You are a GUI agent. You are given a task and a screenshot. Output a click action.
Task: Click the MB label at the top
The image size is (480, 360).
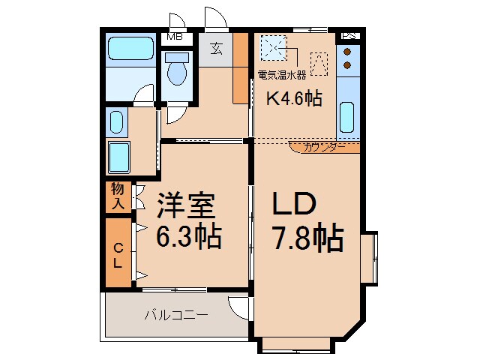point(175,36)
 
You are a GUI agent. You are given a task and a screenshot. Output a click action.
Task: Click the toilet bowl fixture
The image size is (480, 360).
point(177,72)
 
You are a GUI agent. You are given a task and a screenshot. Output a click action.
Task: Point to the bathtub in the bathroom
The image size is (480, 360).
point(130,49)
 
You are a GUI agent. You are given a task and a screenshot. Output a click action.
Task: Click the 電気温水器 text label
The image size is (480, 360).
point(281,75)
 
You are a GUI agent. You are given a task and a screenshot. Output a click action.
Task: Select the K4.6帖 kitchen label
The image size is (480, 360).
point(295,97)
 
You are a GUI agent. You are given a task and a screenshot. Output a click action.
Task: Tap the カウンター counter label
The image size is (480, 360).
point(325,147)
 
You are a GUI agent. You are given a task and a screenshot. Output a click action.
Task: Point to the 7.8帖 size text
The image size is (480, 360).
point(307,239)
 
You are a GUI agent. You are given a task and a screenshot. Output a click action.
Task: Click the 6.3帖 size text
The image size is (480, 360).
point(188,237)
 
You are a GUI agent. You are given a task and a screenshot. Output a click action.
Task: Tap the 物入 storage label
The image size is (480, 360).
point(118,196)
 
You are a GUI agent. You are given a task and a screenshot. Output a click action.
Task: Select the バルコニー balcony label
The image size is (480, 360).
point(176,315)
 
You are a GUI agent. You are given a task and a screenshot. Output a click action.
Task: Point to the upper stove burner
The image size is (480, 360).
point(347,52)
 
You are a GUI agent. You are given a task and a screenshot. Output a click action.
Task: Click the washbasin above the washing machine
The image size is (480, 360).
point(116,121)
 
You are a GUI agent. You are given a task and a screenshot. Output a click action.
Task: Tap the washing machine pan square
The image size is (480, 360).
point(119,157)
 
